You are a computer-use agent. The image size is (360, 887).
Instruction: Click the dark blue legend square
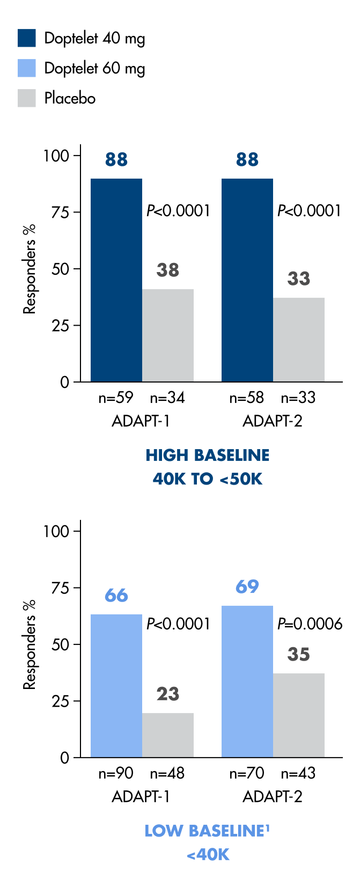click(x=27, y=38)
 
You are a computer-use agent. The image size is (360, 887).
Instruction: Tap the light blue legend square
click(x=27, y=68)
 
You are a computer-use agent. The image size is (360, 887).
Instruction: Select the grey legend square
click(x=27, y=98)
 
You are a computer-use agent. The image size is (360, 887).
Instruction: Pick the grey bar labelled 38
click(x=167, y=335)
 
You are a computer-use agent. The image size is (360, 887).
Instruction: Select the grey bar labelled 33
click(x=298, y=340)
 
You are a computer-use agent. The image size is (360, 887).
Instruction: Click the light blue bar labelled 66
click(x=116, y=686)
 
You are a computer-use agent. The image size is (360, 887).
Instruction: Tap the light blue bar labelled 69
click(x=247, y=681)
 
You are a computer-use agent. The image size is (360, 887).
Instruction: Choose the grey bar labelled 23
click(x=167, y=735)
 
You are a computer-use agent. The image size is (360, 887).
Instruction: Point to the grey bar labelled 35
click(x=298, y=715)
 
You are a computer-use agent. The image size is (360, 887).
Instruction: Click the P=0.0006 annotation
click(x=310, y=624)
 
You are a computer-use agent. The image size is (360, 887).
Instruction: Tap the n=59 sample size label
click(x=116, y=398)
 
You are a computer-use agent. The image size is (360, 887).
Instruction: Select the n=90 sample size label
click(x=116, y=773)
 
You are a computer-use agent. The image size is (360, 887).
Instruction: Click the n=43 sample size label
click(x=298, y=773)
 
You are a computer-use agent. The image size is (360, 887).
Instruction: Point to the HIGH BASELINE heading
click(x=208, y=455)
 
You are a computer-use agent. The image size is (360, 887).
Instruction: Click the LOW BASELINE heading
click(x=207, y=831)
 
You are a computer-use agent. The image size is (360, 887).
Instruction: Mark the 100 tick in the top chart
click(x=56, y=156)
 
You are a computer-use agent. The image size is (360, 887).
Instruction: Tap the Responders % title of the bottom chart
click(x=30, y=644)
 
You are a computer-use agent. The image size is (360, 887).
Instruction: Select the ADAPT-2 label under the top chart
click(x=273, y=421)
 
